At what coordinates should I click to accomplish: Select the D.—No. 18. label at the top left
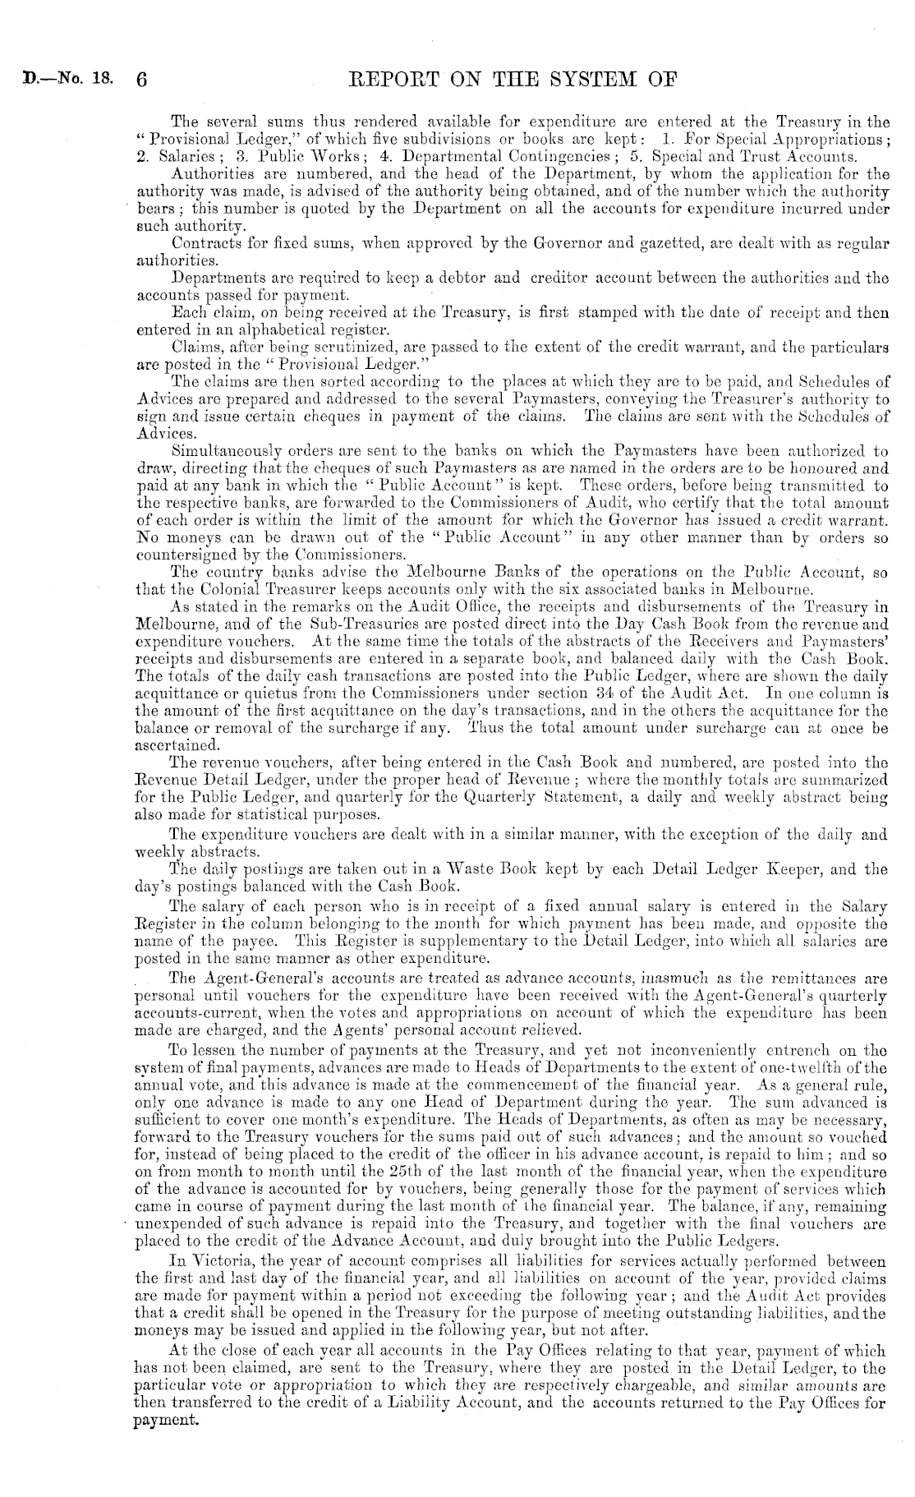[x=57, y=81]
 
